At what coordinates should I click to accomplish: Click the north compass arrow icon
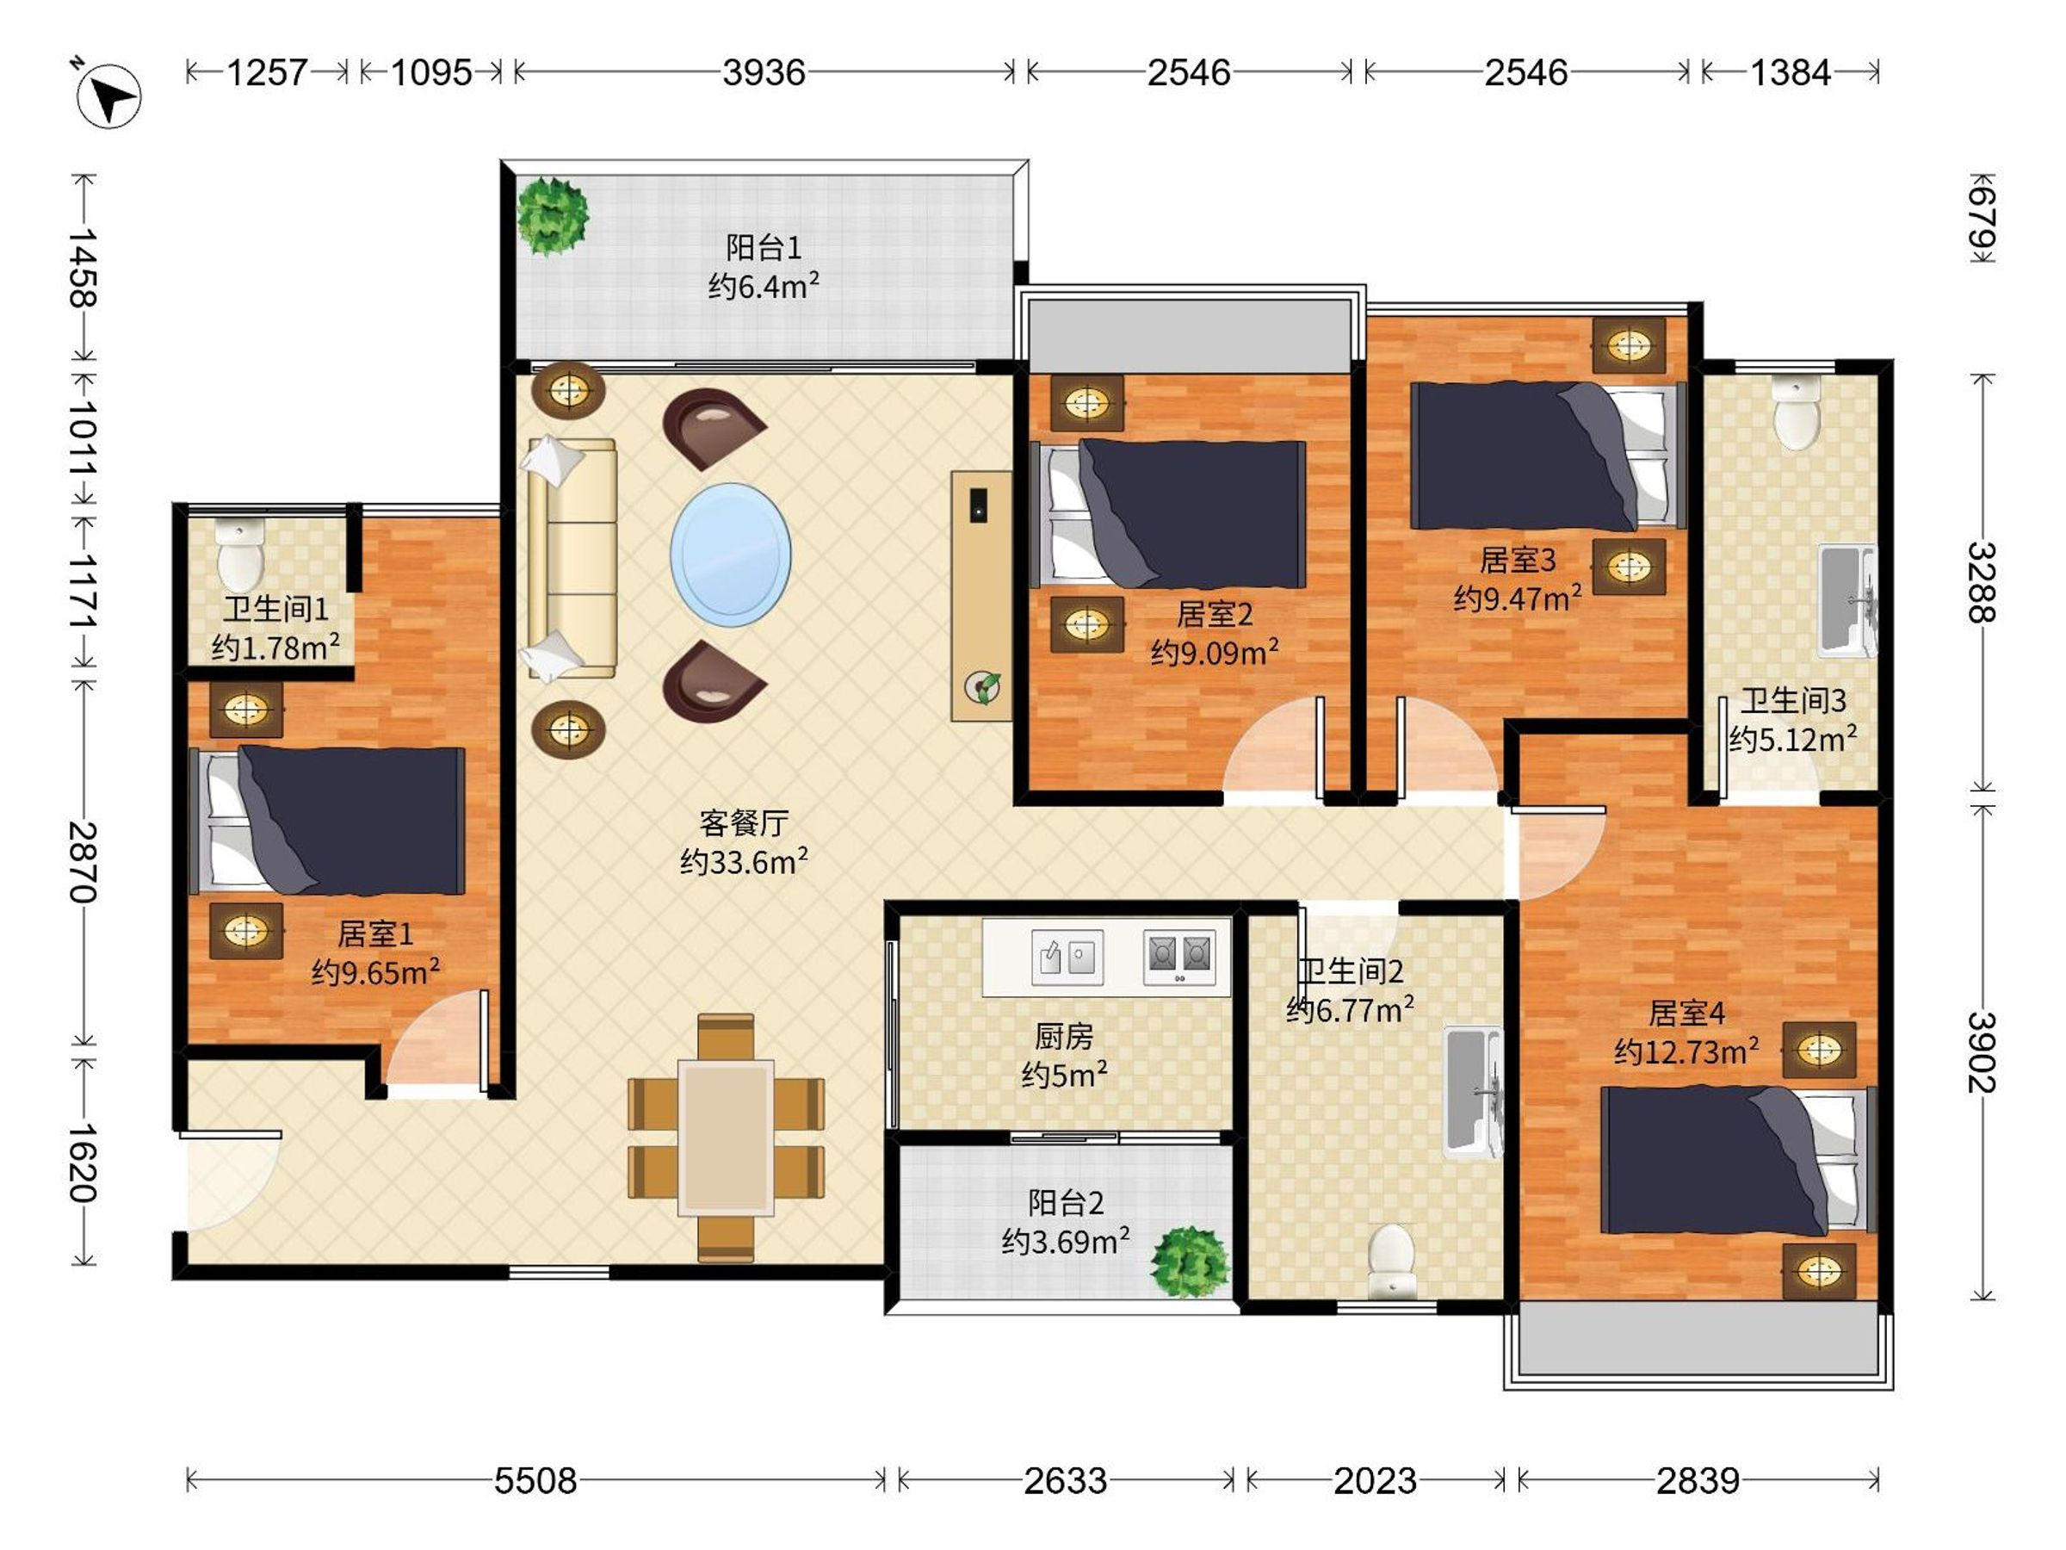108,96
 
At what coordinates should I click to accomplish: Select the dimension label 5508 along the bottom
535,1480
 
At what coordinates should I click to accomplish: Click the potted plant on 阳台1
553,216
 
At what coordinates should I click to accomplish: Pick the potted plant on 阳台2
1189,1262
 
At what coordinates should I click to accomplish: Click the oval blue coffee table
730,554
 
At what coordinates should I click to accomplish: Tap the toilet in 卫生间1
240,556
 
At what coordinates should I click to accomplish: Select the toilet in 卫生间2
1392,1260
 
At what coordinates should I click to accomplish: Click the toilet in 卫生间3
1796,412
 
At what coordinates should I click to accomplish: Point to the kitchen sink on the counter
1067,957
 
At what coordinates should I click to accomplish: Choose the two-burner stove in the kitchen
1179,957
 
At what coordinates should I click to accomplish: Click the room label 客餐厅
744,822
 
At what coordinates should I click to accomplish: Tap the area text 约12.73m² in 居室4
1686,1051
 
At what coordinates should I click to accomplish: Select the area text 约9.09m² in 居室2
1214,652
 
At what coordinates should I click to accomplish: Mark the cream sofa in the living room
571,558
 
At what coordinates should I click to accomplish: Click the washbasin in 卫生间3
1847,601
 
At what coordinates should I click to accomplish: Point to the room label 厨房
1064,1036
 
